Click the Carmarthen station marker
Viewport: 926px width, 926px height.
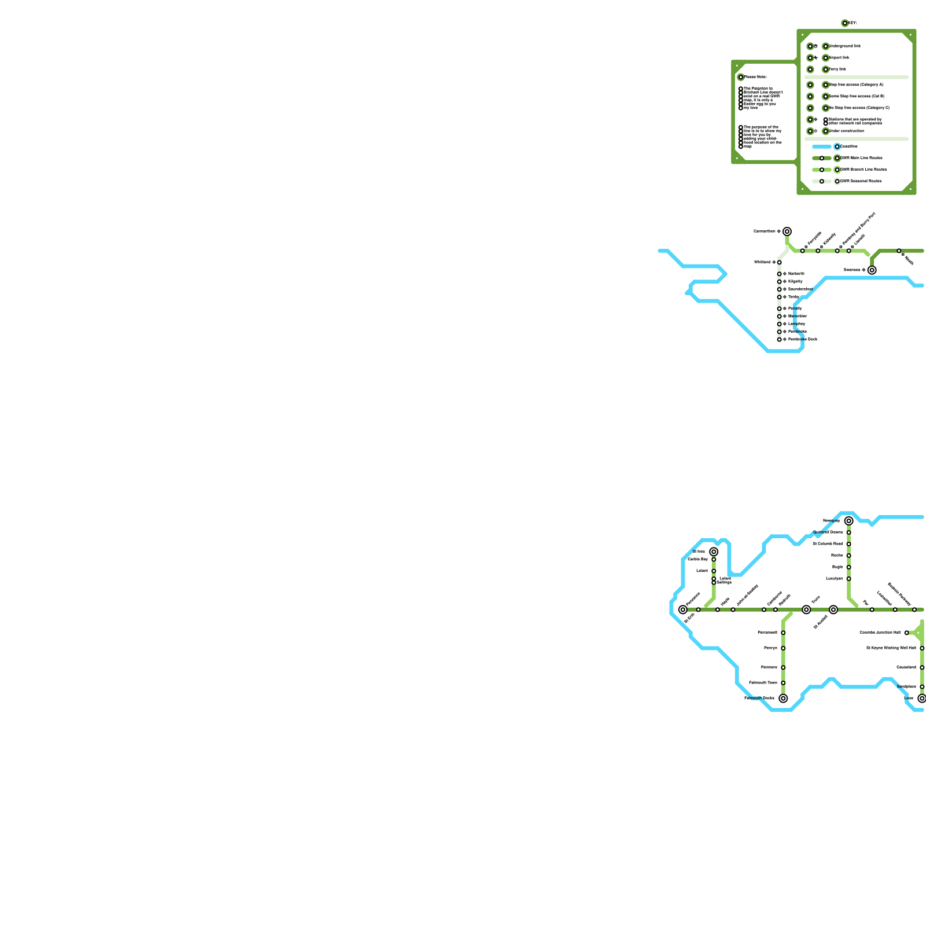pyautogui.click(x=787, y=231)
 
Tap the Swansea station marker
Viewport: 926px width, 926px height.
pyautogui.click(x=872, y=270)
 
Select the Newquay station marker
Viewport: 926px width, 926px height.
pyautogui.click(x=849, y=521)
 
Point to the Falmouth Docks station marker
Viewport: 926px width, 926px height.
pyautogui.click(x=783, y=699)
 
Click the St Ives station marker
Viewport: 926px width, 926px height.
pyautogui.click(x=714, y=552)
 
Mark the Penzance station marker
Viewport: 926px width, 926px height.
pyautogui.click(x=683, y=609)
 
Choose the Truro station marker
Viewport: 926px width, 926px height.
pyautogui.click(x=806, y=609)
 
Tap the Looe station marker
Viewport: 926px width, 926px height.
pyautogui.click(x=922, y=699)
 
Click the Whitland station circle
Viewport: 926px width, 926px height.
pyautogui.click(x=780, y=262)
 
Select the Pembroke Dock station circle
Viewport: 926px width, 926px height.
pyautogui.click(x=780, y=340)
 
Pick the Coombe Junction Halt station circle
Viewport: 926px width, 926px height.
pyautogui.click(x=906, y=633)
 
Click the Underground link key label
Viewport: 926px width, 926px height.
pyautogui.click(x=844, y=46)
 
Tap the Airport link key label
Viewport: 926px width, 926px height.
pyautogui.click(x=839, y=58)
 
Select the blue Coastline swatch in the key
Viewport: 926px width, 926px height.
pyautogui.click(x=822, y=146)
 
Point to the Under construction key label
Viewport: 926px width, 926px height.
pyautogui.click(x=846, y=131)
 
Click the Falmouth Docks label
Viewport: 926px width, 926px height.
pyautogui.click(x=759, y=699)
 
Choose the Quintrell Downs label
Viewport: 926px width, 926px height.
pyautogui.click(x=828, y=532)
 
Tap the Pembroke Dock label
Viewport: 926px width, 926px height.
pyautogui.click(x=803, y=340)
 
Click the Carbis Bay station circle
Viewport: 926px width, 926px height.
pyautogui.click(x=714, y=560)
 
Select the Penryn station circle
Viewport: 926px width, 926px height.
pyautogui.click(x=783, y=648)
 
